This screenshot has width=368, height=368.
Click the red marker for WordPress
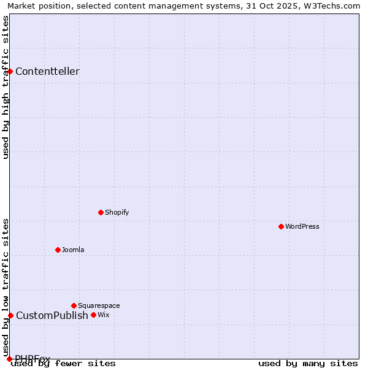281,226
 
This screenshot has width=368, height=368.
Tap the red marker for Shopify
101,212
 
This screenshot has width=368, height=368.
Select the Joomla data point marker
58,250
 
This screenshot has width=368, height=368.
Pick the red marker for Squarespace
74,305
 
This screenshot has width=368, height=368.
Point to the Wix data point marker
93,315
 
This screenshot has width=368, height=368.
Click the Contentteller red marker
10,71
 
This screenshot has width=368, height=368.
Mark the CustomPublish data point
10,315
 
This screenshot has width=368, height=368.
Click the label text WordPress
302,226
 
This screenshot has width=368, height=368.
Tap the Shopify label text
117,212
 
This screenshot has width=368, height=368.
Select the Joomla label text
73,250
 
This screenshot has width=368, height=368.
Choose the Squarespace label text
99,305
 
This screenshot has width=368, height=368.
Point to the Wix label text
103,315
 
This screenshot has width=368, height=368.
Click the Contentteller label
47,71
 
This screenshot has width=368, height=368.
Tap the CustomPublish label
52,315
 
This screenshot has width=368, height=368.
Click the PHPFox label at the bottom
33,358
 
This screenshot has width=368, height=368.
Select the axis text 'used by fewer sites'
64,363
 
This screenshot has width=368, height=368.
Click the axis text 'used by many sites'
308,363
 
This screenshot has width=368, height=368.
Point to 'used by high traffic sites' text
6,87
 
